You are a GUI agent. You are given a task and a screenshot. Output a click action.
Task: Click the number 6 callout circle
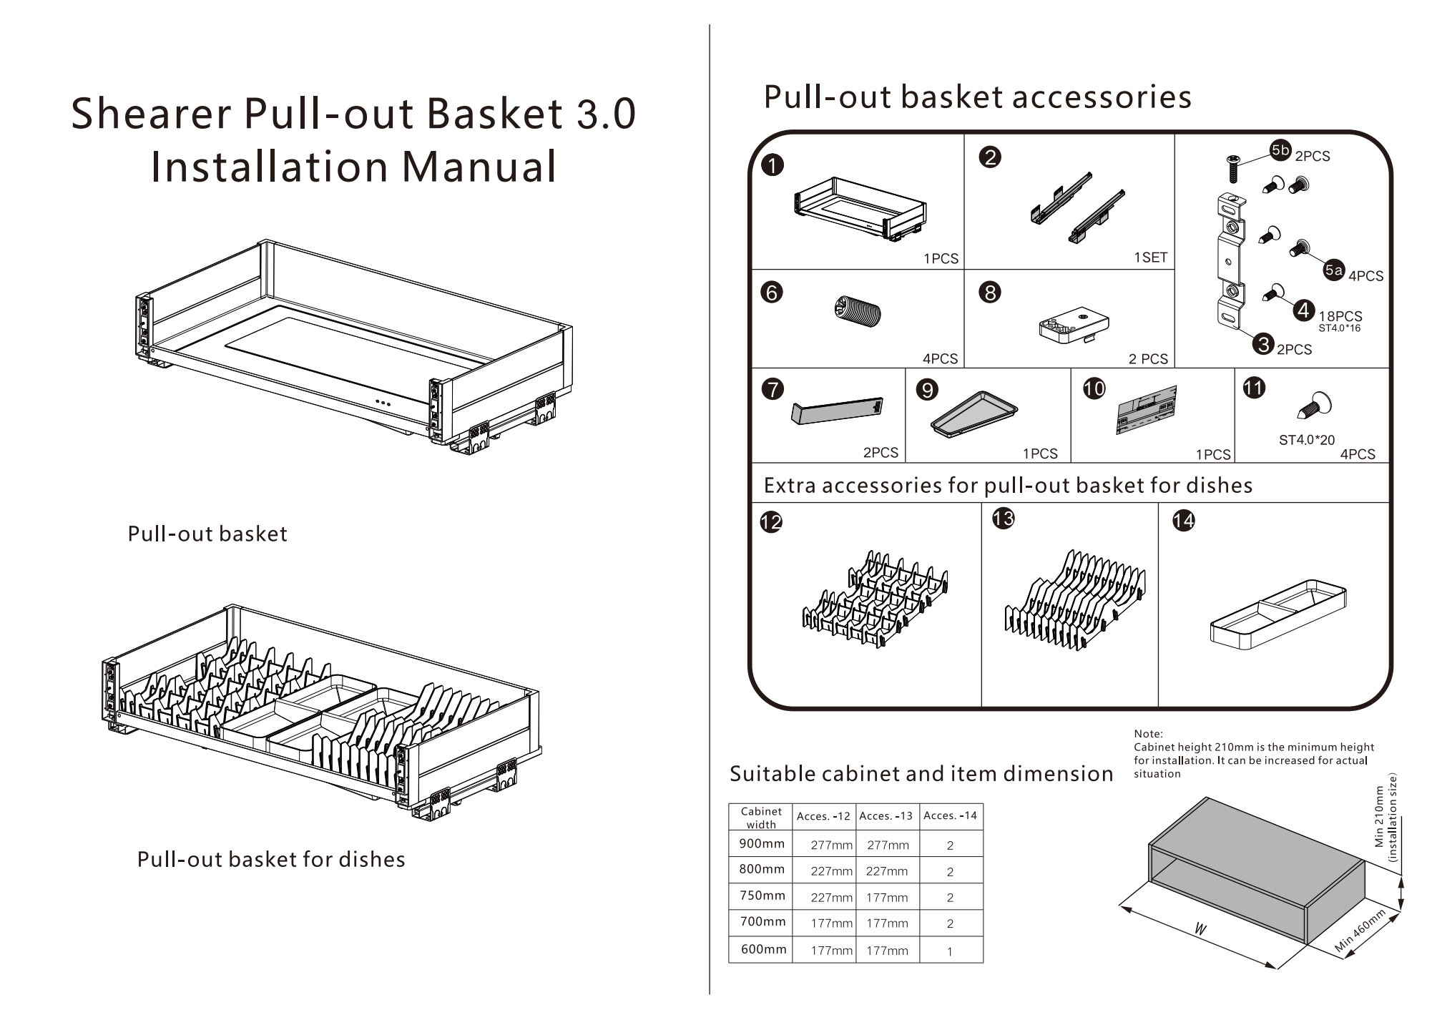[x=772, y=293]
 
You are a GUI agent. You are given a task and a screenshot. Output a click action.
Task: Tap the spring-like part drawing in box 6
[x=858, y=313]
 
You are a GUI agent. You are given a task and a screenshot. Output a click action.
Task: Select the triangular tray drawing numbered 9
[x=973, y=413]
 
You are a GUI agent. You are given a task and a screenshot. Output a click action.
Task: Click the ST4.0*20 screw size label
[x=1306, y=440]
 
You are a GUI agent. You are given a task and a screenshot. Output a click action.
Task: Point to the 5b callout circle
[x=1280, y=149]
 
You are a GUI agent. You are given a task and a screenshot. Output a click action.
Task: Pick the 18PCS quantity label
[x=1340, y=315]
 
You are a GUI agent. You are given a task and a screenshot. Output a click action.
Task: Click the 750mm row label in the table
[x=762, y=896]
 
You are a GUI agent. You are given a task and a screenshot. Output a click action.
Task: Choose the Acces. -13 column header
[x=886, y=815]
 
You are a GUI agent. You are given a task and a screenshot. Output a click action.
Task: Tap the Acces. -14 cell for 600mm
[x=949, y=951]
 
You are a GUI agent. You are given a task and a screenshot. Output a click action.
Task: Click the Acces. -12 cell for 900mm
[x=831, y=845]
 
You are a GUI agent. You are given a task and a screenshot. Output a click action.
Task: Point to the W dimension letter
[x=1200, y=929]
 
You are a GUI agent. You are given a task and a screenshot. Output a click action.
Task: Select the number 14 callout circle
[x=1183, y=521]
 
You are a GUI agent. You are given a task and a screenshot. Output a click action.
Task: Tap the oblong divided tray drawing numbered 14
[x=1277, y=614]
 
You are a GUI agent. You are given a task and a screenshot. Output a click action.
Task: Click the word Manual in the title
[x=479, y=167]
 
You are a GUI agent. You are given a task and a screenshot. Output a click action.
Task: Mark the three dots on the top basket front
[x=383, y=403]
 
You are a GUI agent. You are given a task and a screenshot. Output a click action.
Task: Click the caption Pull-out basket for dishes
[x=271, y=859]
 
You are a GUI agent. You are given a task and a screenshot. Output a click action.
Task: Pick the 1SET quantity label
[x=1149, y=258]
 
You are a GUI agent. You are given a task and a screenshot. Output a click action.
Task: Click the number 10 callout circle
[x=1094, y=388]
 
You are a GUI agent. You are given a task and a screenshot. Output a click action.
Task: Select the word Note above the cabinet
[x=1148, y=733]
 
